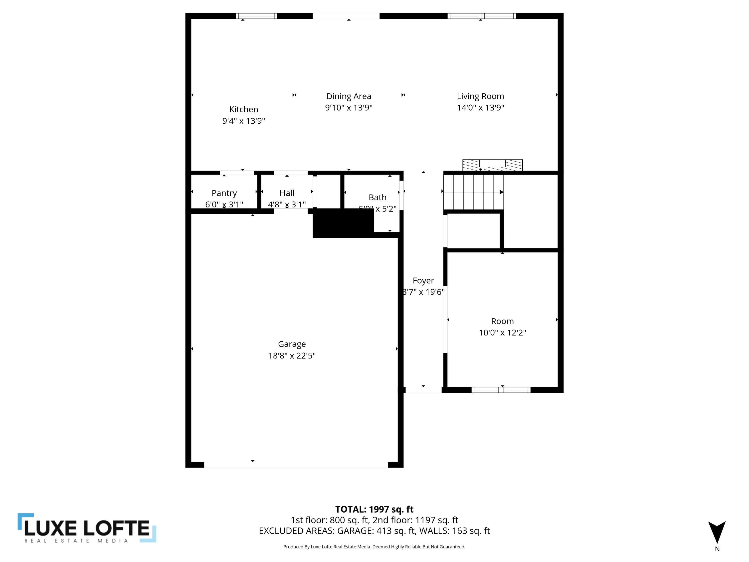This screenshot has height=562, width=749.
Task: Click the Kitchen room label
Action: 243,109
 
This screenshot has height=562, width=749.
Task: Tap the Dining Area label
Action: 349,97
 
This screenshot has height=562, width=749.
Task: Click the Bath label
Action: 377,198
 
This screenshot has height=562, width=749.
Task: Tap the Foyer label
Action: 423,281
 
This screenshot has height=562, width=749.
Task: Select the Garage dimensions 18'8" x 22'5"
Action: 292,356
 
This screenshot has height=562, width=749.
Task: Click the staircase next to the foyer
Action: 473,192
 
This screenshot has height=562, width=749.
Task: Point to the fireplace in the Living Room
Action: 492,165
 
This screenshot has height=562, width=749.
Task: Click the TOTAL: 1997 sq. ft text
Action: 374,509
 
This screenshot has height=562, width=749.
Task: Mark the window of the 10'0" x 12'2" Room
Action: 501,390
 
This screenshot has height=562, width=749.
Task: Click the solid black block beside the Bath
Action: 343,223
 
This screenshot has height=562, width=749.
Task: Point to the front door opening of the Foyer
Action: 423,390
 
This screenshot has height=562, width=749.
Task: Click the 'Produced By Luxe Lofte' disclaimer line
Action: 374,547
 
